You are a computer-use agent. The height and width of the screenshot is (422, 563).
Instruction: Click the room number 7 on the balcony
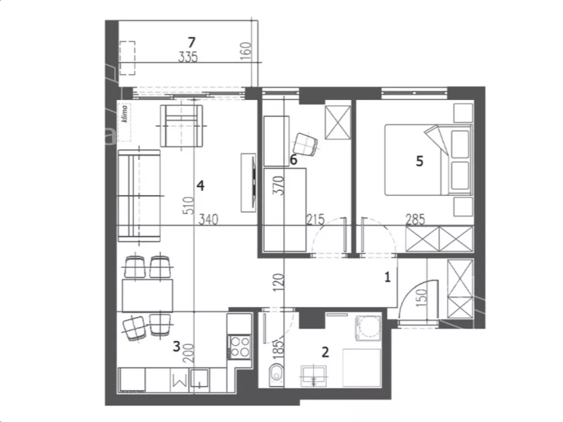click(x=192, y=42)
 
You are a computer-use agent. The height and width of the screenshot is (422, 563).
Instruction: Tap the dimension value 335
click(x=188, y=57)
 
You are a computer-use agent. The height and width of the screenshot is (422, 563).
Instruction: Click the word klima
click(x=124, y=113)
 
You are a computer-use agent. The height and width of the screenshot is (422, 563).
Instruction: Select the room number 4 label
click(x=200, y=185)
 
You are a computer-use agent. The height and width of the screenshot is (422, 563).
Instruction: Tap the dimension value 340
click(x=208, y=220)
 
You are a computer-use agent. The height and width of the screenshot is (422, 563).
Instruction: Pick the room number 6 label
click(x=293, y=160)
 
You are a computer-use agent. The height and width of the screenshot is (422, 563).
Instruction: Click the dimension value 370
click(x=278, y=185)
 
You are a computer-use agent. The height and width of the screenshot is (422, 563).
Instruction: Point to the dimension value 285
click(x=415, y=220)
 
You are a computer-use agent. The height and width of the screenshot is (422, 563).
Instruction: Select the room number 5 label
click(x=420, y=161)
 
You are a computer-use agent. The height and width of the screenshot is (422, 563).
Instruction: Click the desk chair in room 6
click(x=305, y=145)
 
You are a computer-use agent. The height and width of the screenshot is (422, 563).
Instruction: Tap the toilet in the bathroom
click(x=276, y=374)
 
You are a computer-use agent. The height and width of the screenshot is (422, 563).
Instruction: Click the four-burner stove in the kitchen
click(x=240, y=347)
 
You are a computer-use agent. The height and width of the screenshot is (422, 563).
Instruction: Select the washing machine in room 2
click(x=368, y=328)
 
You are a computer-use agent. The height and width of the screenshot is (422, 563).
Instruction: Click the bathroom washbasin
click(x=314, y=376)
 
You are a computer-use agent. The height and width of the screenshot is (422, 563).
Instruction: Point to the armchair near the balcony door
click(x=182, y=126)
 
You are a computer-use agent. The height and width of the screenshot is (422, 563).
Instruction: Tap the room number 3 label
click(x=176, y=346)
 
